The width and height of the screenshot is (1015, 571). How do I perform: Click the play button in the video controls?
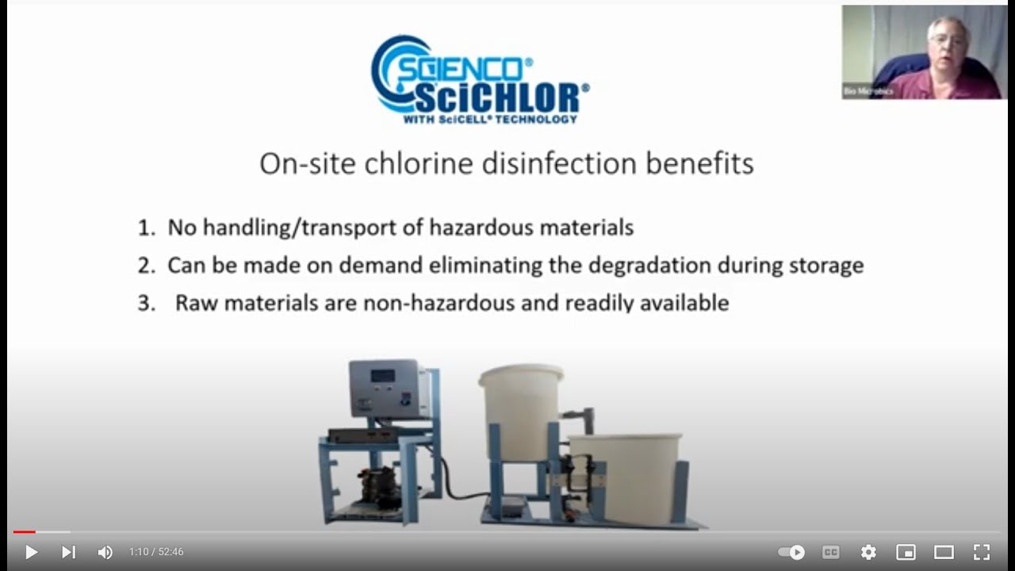click(x=31, y=552)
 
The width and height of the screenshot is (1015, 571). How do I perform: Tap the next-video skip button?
click(x=69, y=552)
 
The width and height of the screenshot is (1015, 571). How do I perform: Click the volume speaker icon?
click(x=105, y=552)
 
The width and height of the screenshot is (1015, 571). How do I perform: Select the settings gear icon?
click(x=868, y=552)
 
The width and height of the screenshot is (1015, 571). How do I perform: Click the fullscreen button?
click(x=982, y=552)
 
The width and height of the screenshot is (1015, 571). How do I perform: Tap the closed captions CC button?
click(x=830, y=552)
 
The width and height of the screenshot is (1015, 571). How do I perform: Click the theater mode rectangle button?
click(x=944, y=552)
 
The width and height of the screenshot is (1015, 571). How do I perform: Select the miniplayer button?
click(x=906, y=552)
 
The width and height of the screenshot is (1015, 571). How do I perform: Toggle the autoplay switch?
click(x=791, y=552)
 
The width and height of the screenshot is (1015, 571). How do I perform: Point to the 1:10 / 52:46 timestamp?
click(x=156, y=552)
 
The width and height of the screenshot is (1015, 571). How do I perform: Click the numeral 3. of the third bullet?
click(x=147, y=303)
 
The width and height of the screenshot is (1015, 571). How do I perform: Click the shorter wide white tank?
click(x=626, y=473)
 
